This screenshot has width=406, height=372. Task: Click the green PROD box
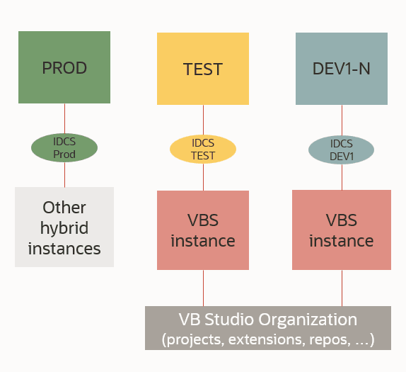click(x=64, y=68)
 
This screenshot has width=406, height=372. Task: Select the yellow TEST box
click(x=203, y=69)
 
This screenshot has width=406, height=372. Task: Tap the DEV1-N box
click(x=342, y=69)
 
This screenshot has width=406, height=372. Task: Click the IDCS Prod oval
click(x=64, y=147)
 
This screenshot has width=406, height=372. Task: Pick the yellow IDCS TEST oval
click(x=203, y=148)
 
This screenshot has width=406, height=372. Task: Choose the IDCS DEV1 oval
click(x=342, y=149)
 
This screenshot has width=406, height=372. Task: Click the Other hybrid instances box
click(x=64, y=227)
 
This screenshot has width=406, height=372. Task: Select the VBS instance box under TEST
click(x=203, y=230)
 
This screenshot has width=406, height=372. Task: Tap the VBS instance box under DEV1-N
click(x=342, y=230)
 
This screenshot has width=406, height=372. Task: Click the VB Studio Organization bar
click(x=268, y=328)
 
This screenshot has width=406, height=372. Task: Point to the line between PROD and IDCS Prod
click(x=64, y=118)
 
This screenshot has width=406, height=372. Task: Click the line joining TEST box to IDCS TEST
click(x=203, y=119)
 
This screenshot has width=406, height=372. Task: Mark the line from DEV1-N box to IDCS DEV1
click(x=342, y=120)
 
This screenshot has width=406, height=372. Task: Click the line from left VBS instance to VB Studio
click(x=203, y=288)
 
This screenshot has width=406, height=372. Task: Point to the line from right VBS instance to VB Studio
click(x=342, y=288)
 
